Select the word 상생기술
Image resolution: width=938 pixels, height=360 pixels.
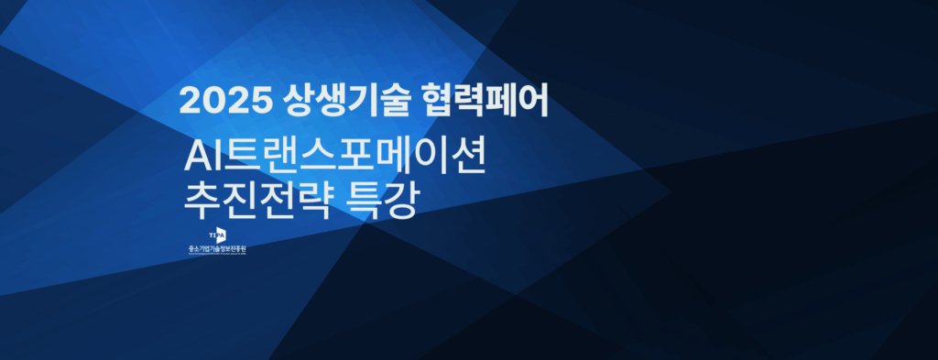click(341, 100)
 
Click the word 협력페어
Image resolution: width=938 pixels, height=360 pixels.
click(485, 100)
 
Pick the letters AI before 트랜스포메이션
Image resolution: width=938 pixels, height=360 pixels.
click(200, 158)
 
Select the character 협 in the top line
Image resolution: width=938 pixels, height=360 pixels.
click(438, 100)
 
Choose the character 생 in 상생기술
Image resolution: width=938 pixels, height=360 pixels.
click(325, 100)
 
